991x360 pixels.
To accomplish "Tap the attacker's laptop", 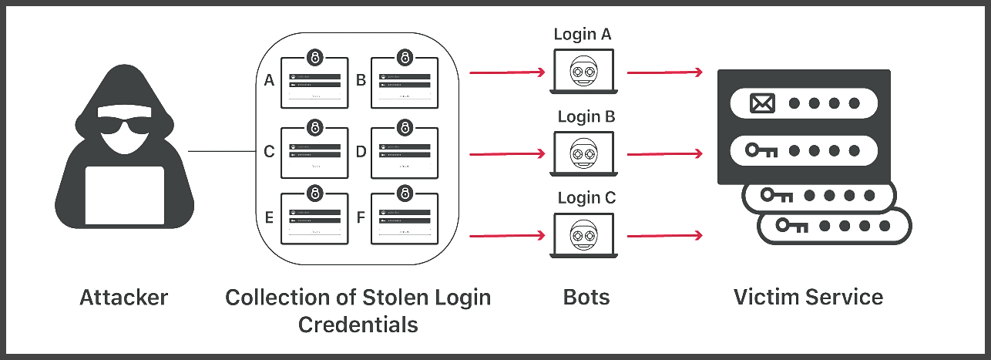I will click(123, 194).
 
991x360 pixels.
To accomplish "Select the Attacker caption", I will click(123, 297).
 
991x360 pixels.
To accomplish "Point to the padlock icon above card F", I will click(405, 191).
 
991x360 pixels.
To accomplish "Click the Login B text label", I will click(585, 117).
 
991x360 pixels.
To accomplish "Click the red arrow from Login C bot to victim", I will click(664, 234).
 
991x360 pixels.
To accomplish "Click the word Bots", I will click(585, 297).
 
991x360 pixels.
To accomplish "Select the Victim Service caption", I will click(808, 297).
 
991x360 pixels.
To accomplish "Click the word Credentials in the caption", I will click(358, 324).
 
